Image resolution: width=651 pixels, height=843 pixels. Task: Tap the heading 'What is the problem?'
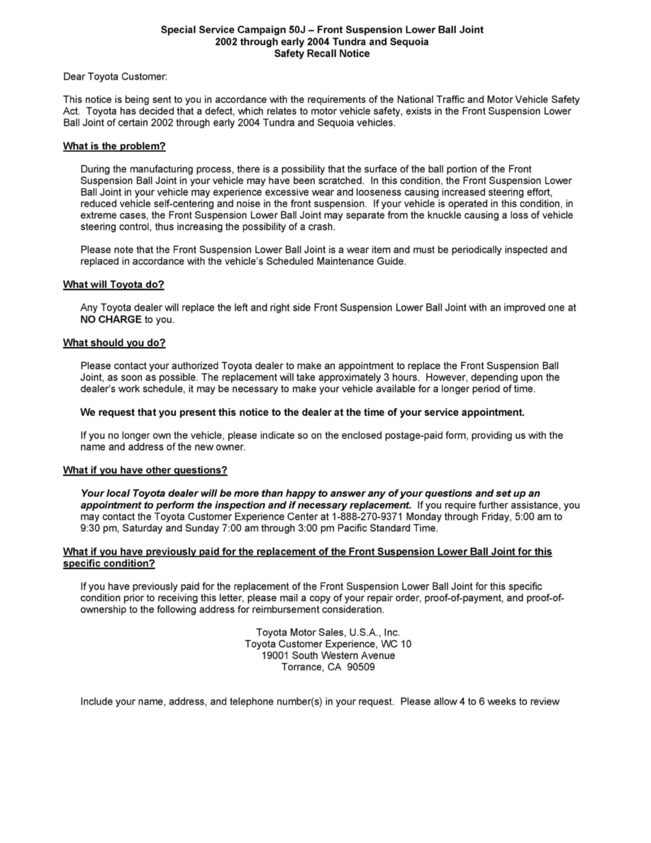click(x=114, y=147)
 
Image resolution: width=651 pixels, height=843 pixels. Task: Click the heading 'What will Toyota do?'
click(x=113, y=285)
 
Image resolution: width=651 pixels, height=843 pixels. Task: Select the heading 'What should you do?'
click(x=114, y=343)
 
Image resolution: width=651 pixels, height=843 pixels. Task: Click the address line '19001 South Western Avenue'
click(x=328, y=656)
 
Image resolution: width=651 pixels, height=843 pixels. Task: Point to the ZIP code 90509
click(x=362, y=667)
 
